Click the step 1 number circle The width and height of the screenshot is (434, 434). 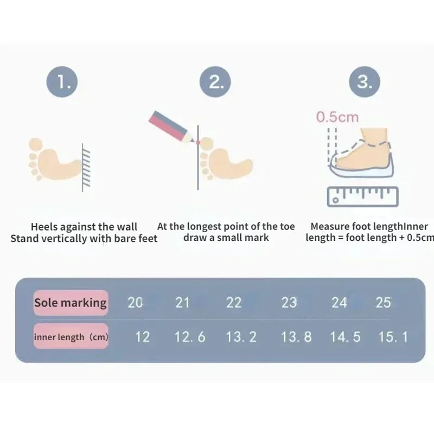pos(62,82)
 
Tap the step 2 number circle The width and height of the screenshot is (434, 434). pos(215,82)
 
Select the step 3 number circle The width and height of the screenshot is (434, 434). pos(365,82)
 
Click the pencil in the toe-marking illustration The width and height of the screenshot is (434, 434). pos(171,126)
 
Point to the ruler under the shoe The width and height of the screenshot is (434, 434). pos(362,197)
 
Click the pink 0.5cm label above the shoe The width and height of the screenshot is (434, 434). pos(337,117)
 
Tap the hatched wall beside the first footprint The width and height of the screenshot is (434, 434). pos(86,168)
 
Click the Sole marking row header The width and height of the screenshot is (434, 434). pos(71,303)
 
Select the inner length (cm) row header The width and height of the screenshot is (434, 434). pos(71,336)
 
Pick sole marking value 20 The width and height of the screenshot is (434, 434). pos(135,303)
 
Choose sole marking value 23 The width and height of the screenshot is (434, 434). pos(289,303)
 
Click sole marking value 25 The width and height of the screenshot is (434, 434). pos(384,303)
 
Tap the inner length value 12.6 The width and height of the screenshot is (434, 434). pos(190,337)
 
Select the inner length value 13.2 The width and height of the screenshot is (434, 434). pos(241,337)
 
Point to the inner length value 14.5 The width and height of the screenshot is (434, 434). pos(345,337)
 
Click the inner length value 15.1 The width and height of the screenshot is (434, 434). pos(393,337)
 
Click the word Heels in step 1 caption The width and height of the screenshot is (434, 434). pos(44,227)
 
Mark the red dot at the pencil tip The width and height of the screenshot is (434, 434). pos(197,142)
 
